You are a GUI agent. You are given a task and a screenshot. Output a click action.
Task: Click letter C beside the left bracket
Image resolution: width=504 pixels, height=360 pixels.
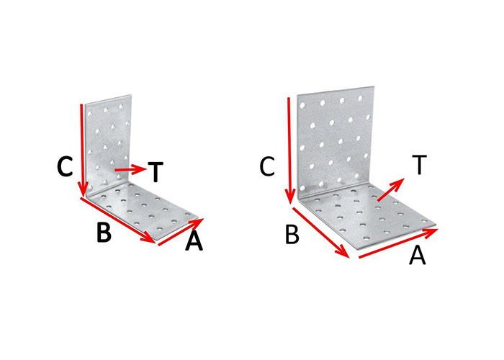[x=66, y=167]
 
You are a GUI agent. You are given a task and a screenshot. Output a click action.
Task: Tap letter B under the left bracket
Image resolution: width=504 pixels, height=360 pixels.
[x=104, y=231]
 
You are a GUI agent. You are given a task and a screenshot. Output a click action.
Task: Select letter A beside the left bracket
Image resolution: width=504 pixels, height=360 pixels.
[x=194, y=241]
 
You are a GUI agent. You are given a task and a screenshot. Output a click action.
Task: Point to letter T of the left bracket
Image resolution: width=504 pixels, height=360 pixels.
[x=156, y=171]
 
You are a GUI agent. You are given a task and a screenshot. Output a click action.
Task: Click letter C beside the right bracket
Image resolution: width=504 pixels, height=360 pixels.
[x=267, y=167]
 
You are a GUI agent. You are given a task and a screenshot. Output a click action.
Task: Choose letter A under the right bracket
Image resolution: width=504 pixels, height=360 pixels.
[x=417, y=255]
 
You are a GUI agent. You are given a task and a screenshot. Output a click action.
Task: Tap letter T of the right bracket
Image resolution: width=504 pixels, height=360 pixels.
[x=419, y=165]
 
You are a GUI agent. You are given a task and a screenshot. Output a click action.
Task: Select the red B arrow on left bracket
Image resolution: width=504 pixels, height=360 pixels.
[x=117, y=220]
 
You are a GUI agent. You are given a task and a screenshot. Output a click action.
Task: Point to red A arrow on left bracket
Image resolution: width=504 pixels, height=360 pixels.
[x=181, y=232]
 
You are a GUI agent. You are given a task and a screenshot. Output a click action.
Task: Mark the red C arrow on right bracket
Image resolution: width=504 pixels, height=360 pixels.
[x=289, y=150]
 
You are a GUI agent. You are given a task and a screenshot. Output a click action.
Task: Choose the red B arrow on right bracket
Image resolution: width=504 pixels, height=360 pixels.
[x=321, y=233]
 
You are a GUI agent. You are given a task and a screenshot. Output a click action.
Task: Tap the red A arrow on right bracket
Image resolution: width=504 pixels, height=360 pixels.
[x=398, y=243]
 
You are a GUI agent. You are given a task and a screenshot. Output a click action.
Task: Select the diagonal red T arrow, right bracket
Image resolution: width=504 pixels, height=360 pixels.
[x=391, y=189]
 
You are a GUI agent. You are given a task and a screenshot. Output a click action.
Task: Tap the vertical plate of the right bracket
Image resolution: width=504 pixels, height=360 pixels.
[x=336, y=141]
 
